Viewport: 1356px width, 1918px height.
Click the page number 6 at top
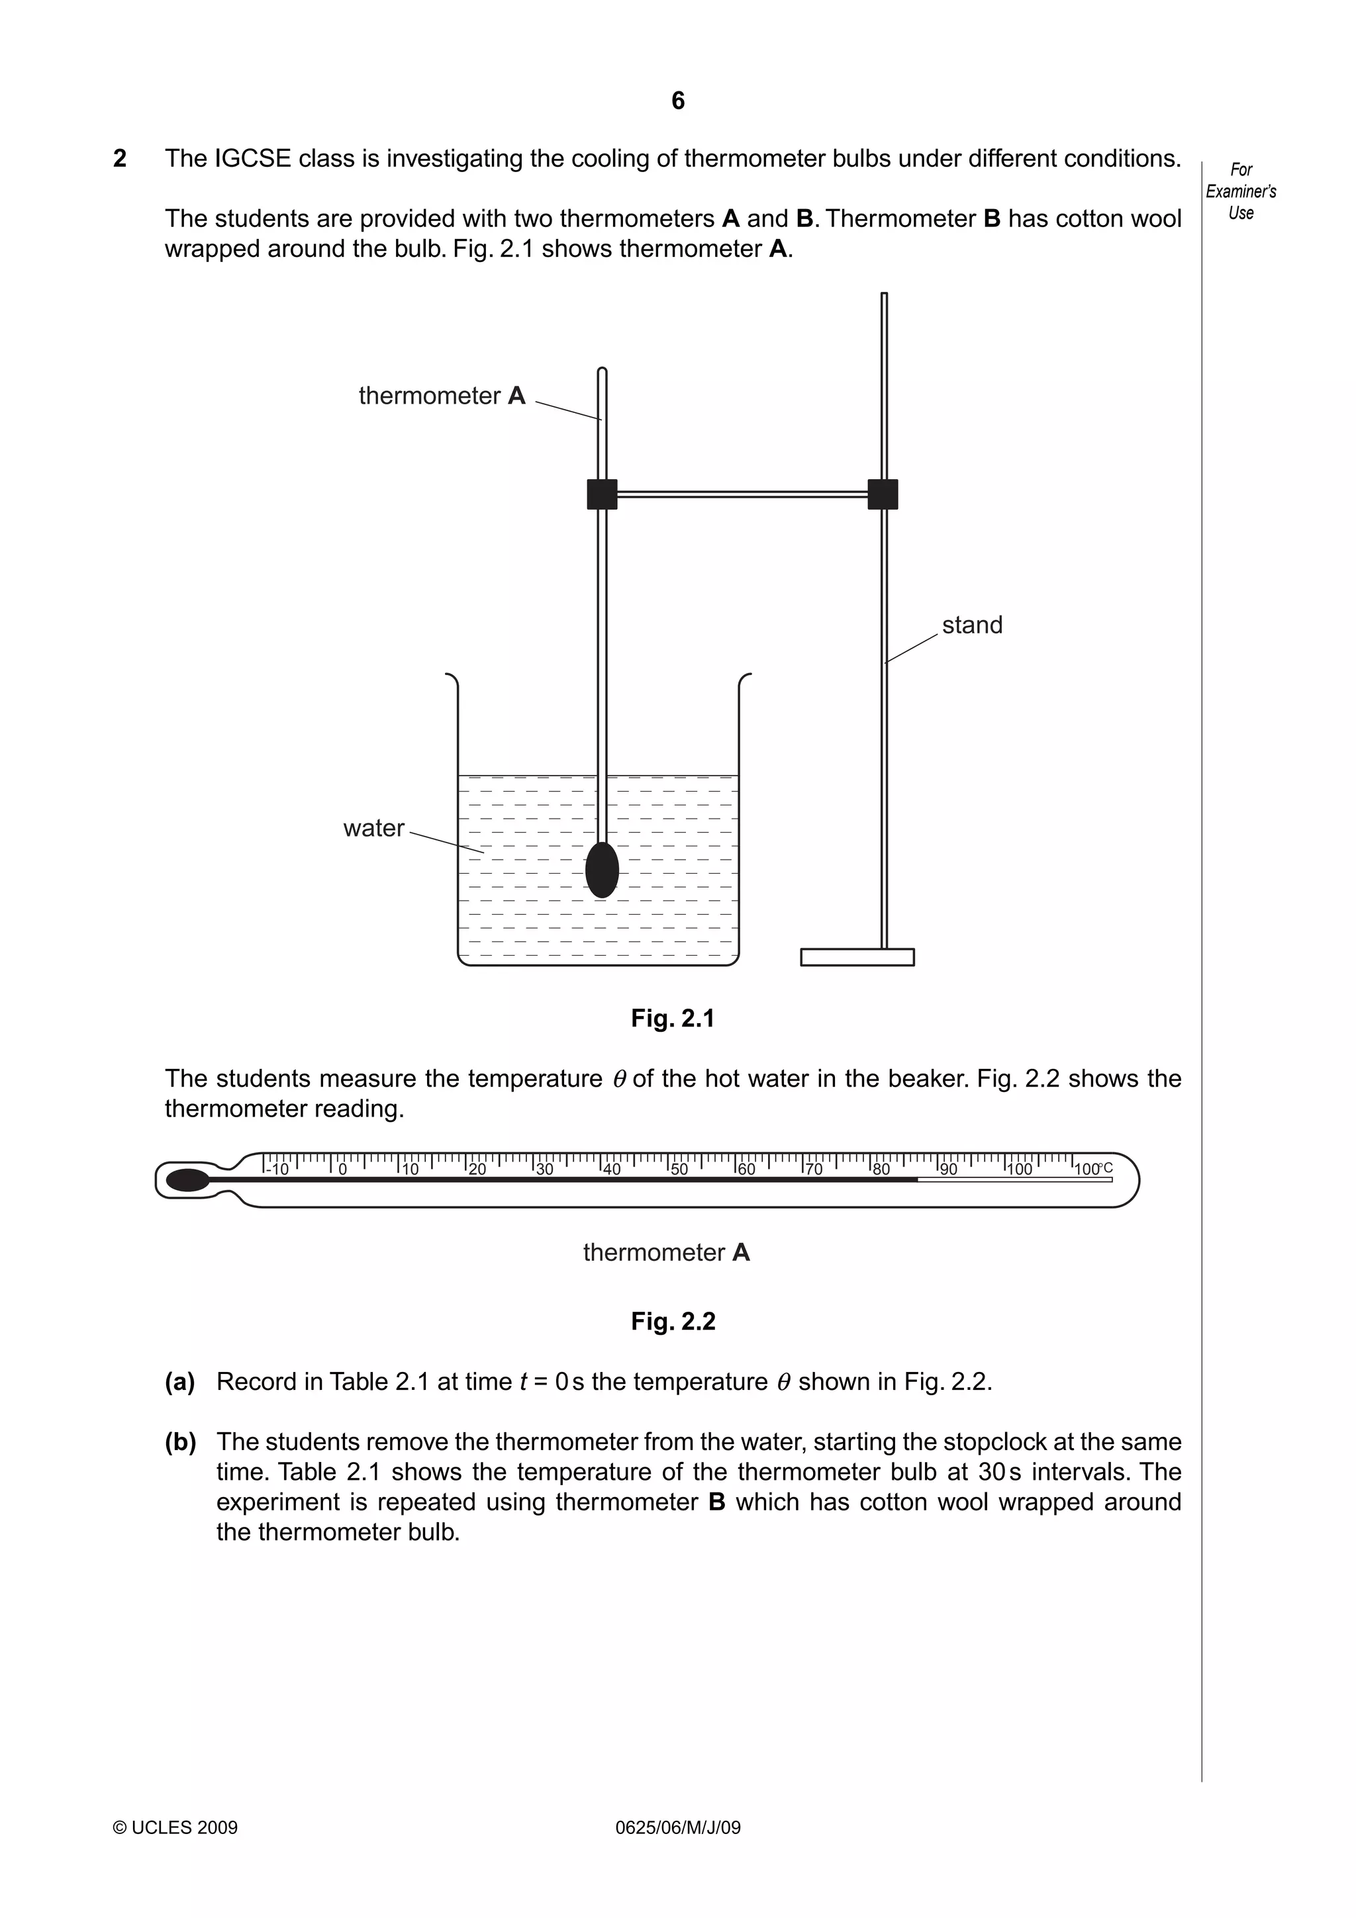677,101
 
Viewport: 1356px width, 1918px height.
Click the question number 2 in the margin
119,159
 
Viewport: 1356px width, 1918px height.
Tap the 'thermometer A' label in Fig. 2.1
442,395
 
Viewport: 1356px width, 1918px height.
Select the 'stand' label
972,625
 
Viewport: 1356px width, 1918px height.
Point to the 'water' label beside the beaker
373,828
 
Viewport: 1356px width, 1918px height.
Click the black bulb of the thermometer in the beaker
602,870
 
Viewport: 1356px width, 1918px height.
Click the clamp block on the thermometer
602,494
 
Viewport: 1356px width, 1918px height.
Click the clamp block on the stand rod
883,494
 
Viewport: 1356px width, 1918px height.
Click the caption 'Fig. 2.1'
673,1019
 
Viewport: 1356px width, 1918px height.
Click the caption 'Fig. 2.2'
673,1321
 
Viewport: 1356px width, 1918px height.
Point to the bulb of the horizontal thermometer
188,1179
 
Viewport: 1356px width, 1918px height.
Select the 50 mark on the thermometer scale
679,1169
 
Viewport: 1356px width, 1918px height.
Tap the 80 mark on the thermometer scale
881,1169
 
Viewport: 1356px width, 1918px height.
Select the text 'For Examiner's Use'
1240,191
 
